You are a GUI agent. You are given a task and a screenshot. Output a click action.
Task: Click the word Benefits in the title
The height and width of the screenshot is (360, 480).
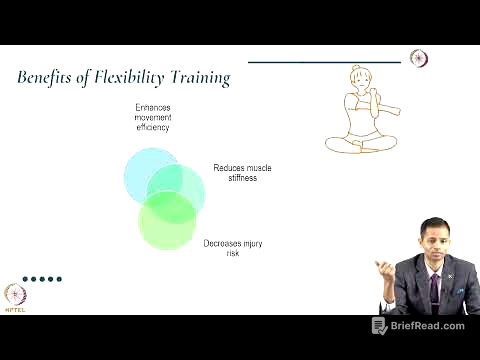49,77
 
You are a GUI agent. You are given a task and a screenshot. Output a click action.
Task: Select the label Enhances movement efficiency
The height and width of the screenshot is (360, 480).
153,117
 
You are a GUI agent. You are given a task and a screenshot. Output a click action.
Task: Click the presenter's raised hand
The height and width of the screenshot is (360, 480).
384,269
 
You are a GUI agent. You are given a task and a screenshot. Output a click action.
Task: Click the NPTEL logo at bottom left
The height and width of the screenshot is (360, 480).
15,297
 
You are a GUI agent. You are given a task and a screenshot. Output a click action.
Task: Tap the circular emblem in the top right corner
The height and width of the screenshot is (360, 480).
420,58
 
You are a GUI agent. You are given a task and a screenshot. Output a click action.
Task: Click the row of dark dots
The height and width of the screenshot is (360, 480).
43,279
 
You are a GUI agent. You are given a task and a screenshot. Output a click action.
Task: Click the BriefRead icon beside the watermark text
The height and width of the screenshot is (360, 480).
380,326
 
